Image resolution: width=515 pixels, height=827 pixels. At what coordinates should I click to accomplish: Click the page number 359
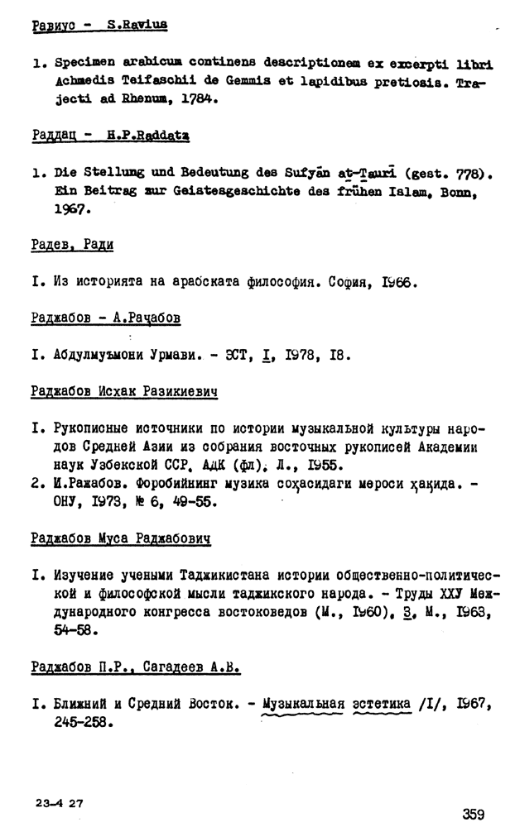click(474, 814)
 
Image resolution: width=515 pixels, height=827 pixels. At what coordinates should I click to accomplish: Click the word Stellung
click(115, 174)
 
